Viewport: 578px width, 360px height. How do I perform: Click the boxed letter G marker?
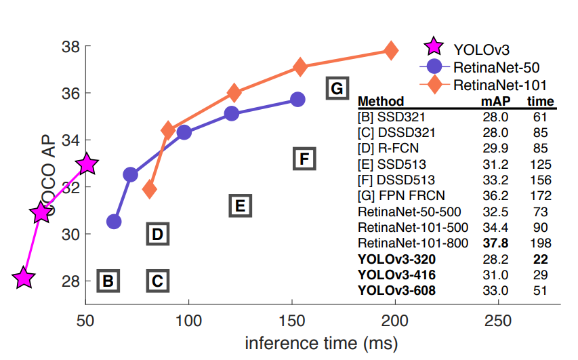pos(337,88)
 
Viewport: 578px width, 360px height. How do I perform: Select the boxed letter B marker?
pos(108,280)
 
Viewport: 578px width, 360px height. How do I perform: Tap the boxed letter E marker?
pos(240,205)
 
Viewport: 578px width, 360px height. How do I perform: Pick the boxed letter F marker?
pos(304,159)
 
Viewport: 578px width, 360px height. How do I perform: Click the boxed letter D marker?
pos(157,235)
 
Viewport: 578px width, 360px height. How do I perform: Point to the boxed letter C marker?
pos(157,280)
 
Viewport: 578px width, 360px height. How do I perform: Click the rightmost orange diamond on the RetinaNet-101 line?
pos(391,50)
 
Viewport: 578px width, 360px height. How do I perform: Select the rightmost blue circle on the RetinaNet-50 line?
pos(297,99)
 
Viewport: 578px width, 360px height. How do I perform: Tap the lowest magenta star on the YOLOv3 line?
pos(24,277)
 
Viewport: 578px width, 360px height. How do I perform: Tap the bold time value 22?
pos(539,259)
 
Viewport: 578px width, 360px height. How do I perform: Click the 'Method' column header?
pos(381,102)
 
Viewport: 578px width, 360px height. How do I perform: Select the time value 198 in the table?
pos(541,243)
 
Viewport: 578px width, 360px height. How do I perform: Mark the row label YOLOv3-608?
pos(396,291)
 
